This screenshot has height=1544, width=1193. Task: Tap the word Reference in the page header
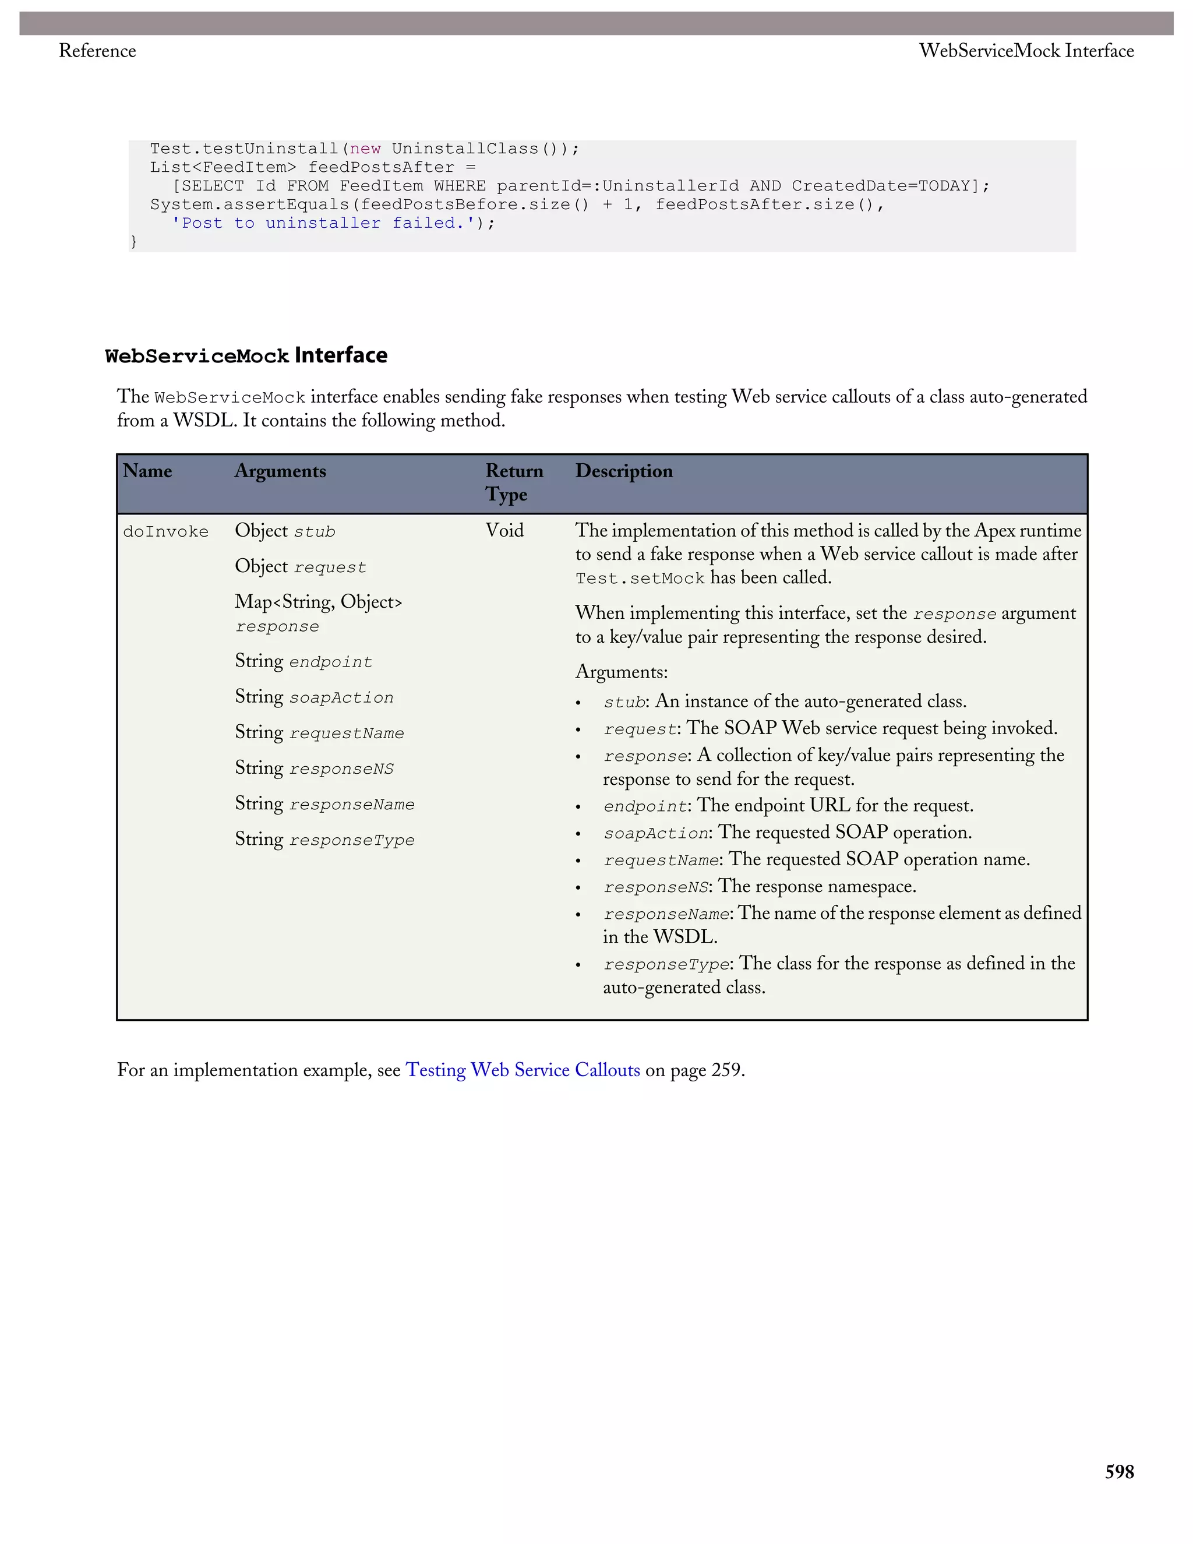click(97, 51)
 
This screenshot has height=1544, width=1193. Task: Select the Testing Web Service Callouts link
click(523, 1070)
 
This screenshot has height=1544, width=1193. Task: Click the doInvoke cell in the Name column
click(166, 531)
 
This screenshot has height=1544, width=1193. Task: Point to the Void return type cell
click(504, 531)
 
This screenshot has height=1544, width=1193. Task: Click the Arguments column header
click(280, 471)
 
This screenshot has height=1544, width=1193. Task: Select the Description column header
click(623, 471)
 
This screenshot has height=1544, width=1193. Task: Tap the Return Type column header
click(514, 482)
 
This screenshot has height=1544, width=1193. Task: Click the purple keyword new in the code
click(365, 149)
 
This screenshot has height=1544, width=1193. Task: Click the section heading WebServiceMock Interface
click(246, 355)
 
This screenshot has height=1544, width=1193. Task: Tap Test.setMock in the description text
click(640, 579)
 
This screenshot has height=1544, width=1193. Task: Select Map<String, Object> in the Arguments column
click(318, 602)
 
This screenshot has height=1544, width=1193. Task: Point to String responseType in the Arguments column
click(324, 839)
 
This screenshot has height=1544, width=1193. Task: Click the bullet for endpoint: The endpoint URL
click(788, 806)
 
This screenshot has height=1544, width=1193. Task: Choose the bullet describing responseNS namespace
click(760, 887)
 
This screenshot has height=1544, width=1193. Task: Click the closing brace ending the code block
click(133, 242)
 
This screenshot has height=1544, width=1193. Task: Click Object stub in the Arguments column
click(285, 531)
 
